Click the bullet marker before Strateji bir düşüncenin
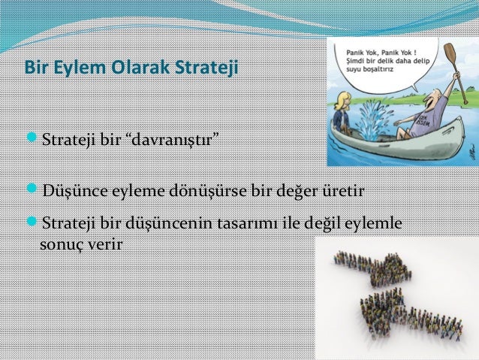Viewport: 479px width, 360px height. [31, 223]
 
